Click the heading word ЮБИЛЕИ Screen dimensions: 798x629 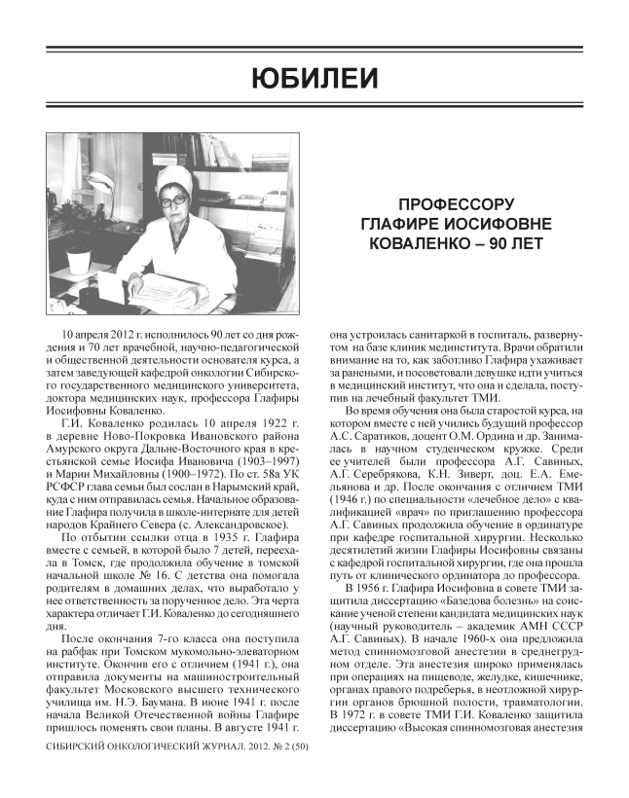(x=314, y=77)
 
